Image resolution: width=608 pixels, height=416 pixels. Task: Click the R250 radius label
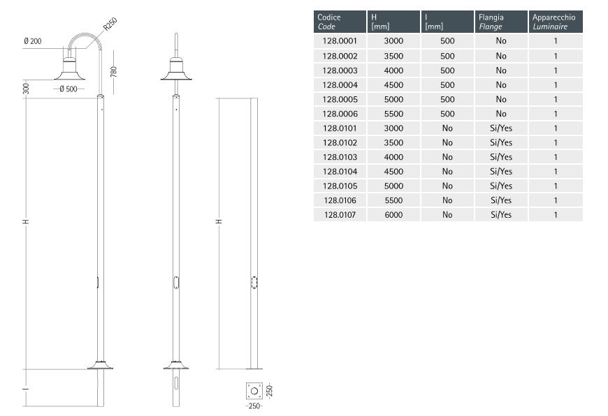tap(110, 24)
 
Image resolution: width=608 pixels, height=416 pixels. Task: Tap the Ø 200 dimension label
tap(33, 41)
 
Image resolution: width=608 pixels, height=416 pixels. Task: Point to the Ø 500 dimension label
tap(68, 89)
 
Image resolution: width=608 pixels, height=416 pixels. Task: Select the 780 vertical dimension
tap(114, 72)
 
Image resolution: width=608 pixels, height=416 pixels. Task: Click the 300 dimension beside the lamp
tap(26, 89)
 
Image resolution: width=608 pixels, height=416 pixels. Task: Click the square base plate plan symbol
tap(254, 391)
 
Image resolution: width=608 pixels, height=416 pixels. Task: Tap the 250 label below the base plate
tap(254, 406)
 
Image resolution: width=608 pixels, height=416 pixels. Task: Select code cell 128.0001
tap(340, 41)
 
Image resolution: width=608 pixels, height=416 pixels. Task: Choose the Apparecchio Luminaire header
tap(553, 22)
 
